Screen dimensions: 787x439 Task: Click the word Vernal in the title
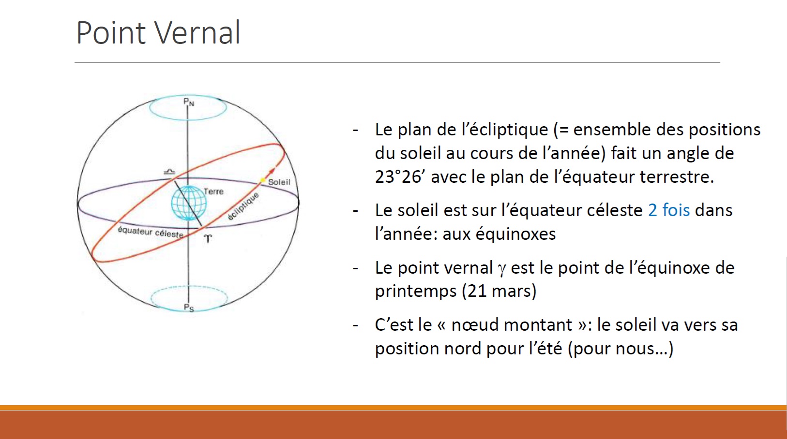(x=198, y=33)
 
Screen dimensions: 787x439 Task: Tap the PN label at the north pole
(x=189, y=102)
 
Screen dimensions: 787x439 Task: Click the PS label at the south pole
(x=189, y=308)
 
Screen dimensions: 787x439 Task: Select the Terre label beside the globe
(x=213, y=191)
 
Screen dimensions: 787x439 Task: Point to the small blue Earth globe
(x=189, y=203)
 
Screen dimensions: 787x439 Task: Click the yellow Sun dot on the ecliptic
(x=262, y=180)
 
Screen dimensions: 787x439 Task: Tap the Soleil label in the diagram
(x=279, y=182)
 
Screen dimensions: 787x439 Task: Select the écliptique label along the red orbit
(x=243, y=206)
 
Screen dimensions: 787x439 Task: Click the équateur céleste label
(x=151, y=232)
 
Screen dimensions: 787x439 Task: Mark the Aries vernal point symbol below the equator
(x=208, y=239)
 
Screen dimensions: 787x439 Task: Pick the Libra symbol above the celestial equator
(x=169, y=172)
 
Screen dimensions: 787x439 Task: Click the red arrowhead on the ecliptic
(x=271, y=171)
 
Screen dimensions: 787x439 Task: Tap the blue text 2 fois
(x=668, y=210)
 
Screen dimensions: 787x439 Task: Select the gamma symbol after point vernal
(x=502, y=269)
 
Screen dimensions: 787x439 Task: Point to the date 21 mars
(x=499, y=291)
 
